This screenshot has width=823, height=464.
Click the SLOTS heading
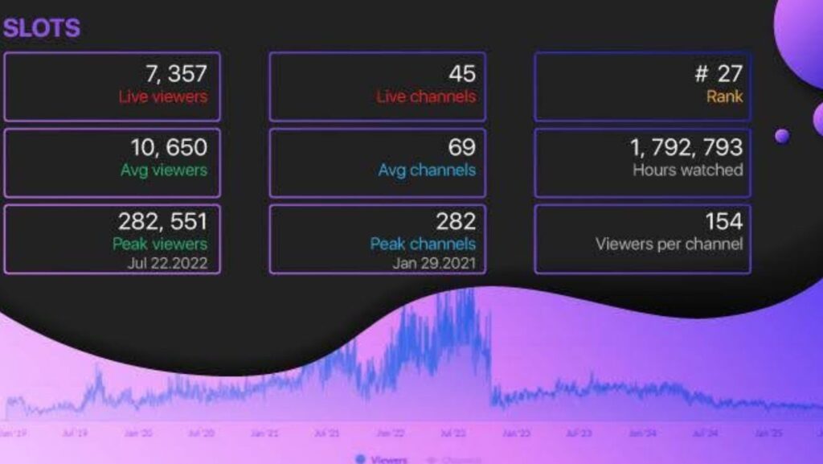coord(42,29)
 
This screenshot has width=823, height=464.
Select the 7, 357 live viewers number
coord(176,74)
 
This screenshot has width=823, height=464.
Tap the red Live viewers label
coord(162,96)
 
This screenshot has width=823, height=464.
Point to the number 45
coord(462,74)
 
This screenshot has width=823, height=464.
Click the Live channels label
coord(426,96)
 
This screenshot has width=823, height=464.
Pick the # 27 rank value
coord(719,74)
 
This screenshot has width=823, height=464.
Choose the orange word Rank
coord(724,96)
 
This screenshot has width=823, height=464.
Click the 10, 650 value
coord(169,147)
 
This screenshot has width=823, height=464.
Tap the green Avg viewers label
coord(164,170)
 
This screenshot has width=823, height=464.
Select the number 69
coord(462,147)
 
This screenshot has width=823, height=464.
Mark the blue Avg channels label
coord(427,170)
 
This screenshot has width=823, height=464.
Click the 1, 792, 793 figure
coord(686,147)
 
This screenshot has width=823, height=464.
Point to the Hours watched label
coord(687,170)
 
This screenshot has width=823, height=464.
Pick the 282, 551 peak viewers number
coord(162,221)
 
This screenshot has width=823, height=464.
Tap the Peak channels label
coord(423,244)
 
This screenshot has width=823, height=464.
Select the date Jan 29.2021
coord(434,262)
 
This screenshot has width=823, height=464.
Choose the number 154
coord(724,221)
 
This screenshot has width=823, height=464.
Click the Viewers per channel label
coord(669,244)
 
